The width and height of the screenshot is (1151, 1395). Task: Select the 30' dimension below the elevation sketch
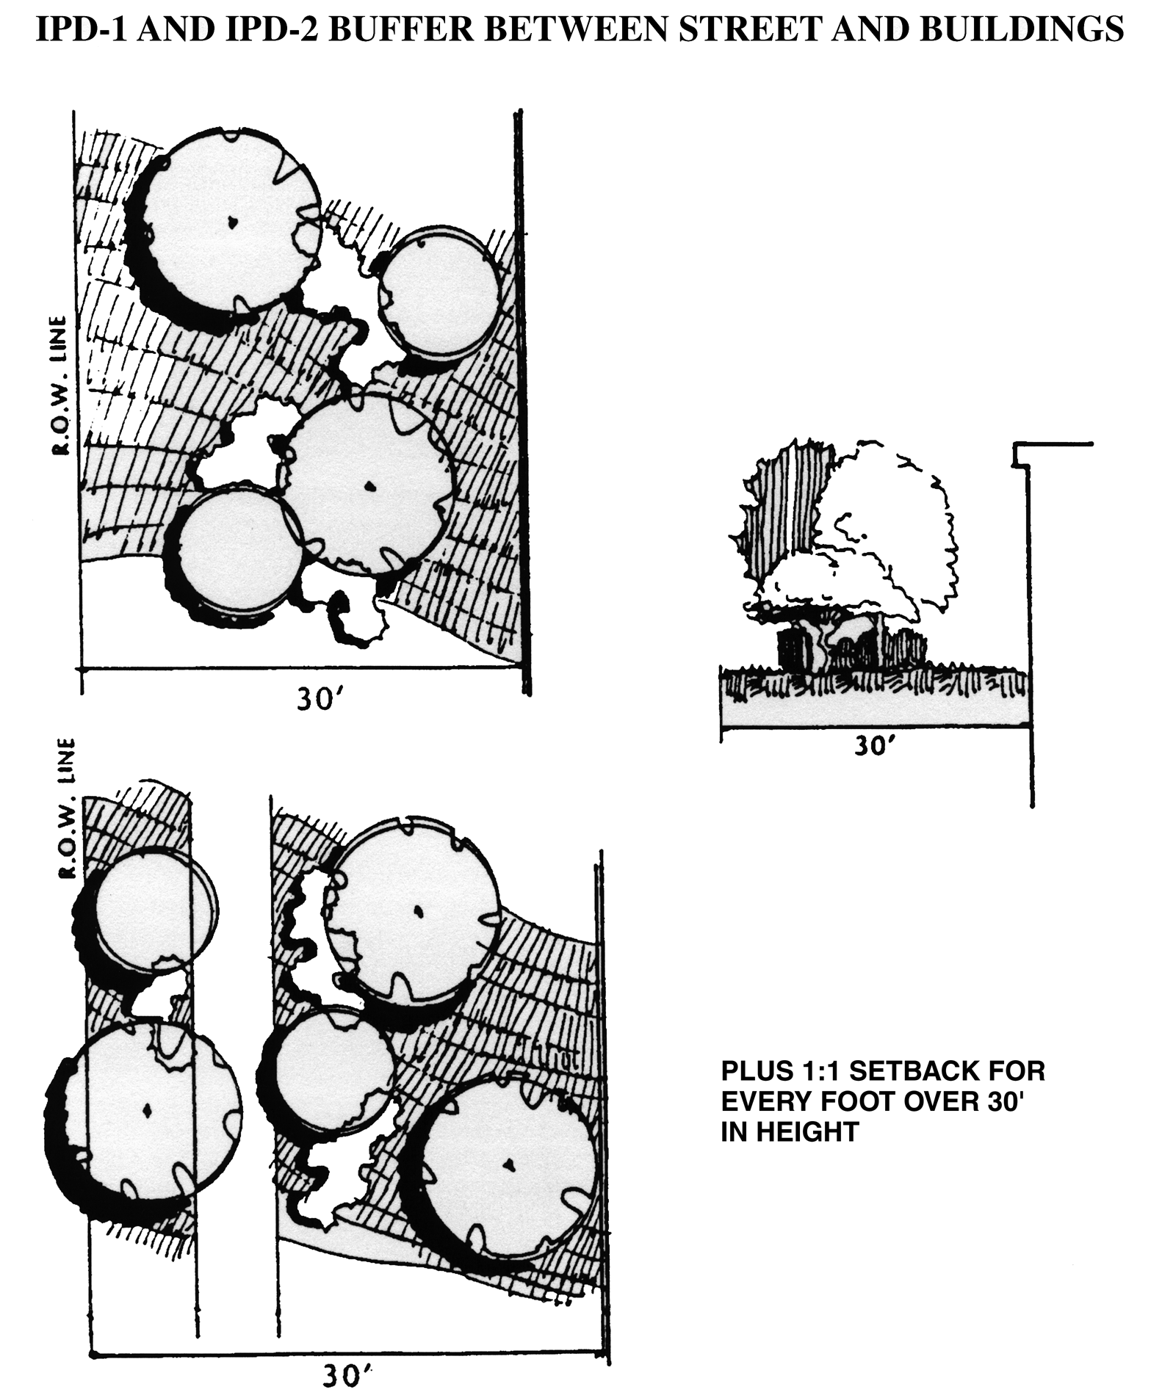point(875,745)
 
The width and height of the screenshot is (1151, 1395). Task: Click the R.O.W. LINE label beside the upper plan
point(61,385)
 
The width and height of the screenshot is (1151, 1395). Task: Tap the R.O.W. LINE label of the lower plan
point(68,808)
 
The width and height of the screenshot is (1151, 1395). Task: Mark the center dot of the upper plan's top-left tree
point(232,220)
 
